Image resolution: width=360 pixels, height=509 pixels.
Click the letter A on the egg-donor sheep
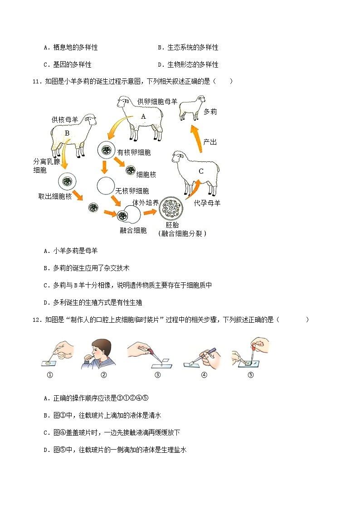click(143, 116)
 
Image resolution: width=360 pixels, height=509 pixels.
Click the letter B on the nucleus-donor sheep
click(67, 133)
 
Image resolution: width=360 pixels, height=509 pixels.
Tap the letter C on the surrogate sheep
click(201, 171)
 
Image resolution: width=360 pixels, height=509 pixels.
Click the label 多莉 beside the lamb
click(210, 111)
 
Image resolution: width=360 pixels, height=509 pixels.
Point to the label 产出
click(210, 142)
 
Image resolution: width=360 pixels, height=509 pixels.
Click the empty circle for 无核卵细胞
click(105, 185)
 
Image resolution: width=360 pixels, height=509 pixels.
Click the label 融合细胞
click(133, 230)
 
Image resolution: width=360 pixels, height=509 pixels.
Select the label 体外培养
click(145, 203)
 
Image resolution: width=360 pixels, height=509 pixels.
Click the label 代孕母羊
click(207, 204)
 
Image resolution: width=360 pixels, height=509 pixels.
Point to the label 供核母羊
click(65, 120)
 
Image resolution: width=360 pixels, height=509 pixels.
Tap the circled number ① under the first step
click(50, 375)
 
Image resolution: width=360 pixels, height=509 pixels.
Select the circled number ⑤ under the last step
click(251, 375)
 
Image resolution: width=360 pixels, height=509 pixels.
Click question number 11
click(37, 82)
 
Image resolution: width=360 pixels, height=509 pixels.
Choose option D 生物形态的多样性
click(188, 65)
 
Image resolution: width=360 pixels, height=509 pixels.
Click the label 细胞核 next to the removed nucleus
click(146, 174)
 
